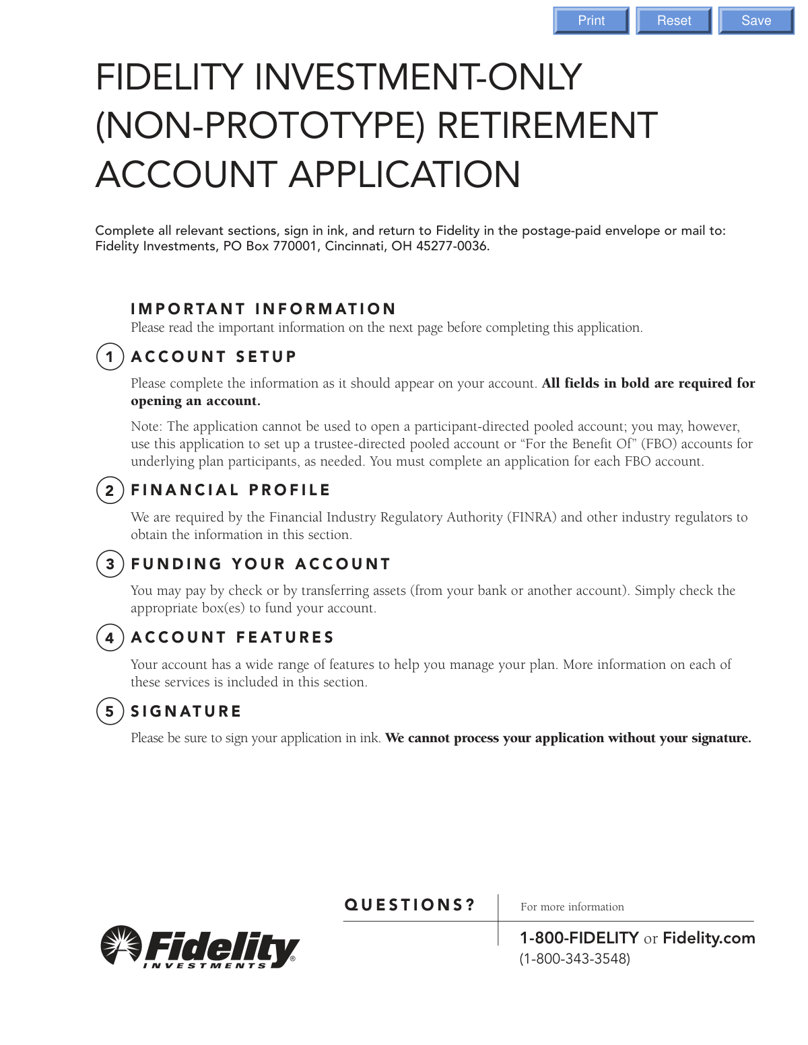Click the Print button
tap(591, 21)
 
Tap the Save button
tap(755, 21)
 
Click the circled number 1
tap(110, 357)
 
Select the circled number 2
tap(110, 491)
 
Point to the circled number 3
tap(110, 564)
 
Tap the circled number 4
tap(110, 638)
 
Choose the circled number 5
tap(110, 711)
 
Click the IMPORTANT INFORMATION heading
tap(263, 309)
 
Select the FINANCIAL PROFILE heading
tap(230, 490)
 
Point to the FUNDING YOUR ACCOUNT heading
tap(261, 564)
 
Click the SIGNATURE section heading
tap(186, 711)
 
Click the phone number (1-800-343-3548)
tap(574, 958)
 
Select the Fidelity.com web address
tap(708, 938)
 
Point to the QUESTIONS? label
tap(409, 905)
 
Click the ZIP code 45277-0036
tap(452, 246)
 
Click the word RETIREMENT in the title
tap(547, 126)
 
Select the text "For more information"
tap(572, 907)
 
